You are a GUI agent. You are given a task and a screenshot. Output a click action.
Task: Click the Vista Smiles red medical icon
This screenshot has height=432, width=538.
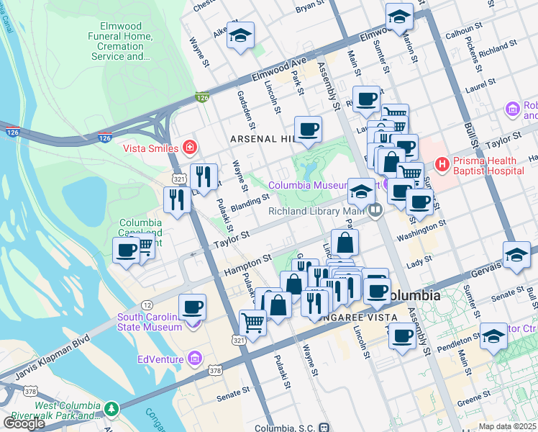(189, 148)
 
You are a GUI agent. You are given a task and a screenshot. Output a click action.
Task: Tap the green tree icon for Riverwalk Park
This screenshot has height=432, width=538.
(111, 409)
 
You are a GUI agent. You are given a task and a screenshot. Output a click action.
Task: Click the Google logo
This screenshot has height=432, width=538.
(24, 423)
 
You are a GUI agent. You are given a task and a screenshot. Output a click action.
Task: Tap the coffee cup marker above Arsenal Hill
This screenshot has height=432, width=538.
(308, 130)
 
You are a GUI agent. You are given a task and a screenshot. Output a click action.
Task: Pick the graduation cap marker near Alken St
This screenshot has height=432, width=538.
(240, 35)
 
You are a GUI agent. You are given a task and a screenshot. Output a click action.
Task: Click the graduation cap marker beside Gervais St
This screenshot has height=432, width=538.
(516, 256)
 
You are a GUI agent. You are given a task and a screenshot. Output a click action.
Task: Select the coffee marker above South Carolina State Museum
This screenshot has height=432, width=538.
(192, 307)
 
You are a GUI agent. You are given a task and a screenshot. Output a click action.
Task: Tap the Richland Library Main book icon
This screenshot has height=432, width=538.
(375, 211)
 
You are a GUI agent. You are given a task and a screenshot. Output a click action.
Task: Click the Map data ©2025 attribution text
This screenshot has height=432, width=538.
(507, 426)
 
